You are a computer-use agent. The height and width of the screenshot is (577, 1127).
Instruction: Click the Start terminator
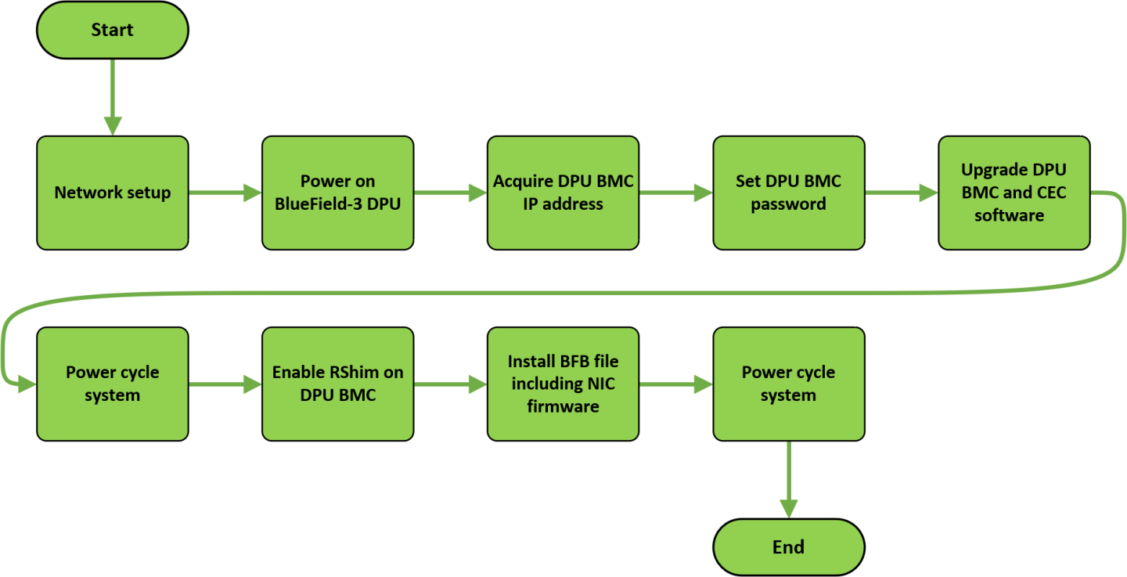point(113,31)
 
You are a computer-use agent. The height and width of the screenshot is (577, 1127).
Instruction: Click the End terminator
point(788,547)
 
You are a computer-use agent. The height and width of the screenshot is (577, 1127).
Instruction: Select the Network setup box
point(113,193)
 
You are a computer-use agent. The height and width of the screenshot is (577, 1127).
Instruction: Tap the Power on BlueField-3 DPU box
point(337,193)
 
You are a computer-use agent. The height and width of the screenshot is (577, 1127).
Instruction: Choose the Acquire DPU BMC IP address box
point(563,193)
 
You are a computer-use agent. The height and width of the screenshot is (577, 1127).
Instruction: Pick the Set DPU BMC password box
point(788,193)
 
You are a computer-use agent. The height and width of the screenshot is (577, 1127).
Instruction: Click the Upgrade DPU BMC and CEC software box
point(1014,193)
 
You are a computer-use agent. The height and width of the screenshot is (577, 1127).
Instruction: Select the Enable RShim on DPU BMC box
point(337,384)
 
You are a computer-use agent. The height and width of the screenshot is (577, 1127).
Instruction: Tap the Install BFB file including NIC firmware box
point(563,384)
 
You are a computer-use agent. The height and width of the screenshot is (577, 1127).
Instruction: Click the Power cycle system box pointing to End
point(788,384)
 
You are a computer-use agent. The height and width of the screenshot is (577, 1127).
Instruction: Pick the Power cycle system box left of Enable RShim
point(113,384)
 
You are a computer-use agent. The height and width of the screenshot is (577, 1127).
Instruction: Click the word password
point(788,204)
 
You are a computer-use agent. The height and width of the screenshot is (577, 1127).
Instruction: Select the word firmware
point(563,406)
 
